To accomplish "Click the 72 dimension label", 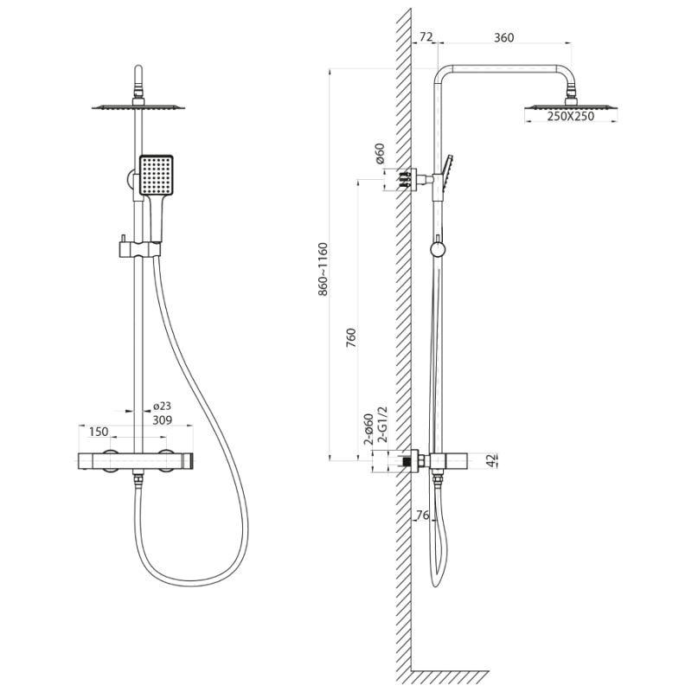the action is [x=426, y=37].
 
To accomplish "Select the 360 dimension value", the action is [x=504, y=37].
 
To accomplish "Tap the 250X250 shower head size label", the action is [x=571, y=117].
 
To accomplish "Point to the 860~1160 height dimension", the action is [x=323, y=269].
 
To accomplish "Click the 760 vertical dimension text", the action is [x=351, y=337].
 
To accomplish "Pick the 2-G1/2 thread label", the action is [x=382, y=425].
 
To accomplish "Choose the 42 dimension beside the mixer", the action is [x=491, y=460].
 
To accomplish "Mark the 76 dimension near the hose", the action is [x=422, y=515].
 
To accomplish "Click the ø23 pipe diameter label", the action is [x=162, y=406].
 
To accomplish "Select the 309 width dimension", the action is [x=163, y=420].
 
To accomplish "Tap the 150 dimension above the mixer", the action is [x=99, y=432].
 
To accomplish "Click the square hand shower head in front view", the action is [x=157, y=176].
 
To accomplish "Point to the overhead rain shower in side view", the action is [x=571, y=106].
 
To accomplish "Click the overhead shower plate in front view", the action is [x=138, y=106].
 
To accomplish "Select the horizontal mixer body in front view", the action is [x=136, y=461].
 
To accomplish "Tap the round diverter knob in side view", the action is [x=438, y=250].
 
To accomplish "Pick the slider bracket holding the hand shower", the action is [x=138, y=249].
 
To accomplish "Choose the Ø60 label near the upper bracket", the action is [x=380, y=154].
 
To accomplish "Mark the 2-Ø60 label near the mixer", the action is [x=369, y=429].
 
